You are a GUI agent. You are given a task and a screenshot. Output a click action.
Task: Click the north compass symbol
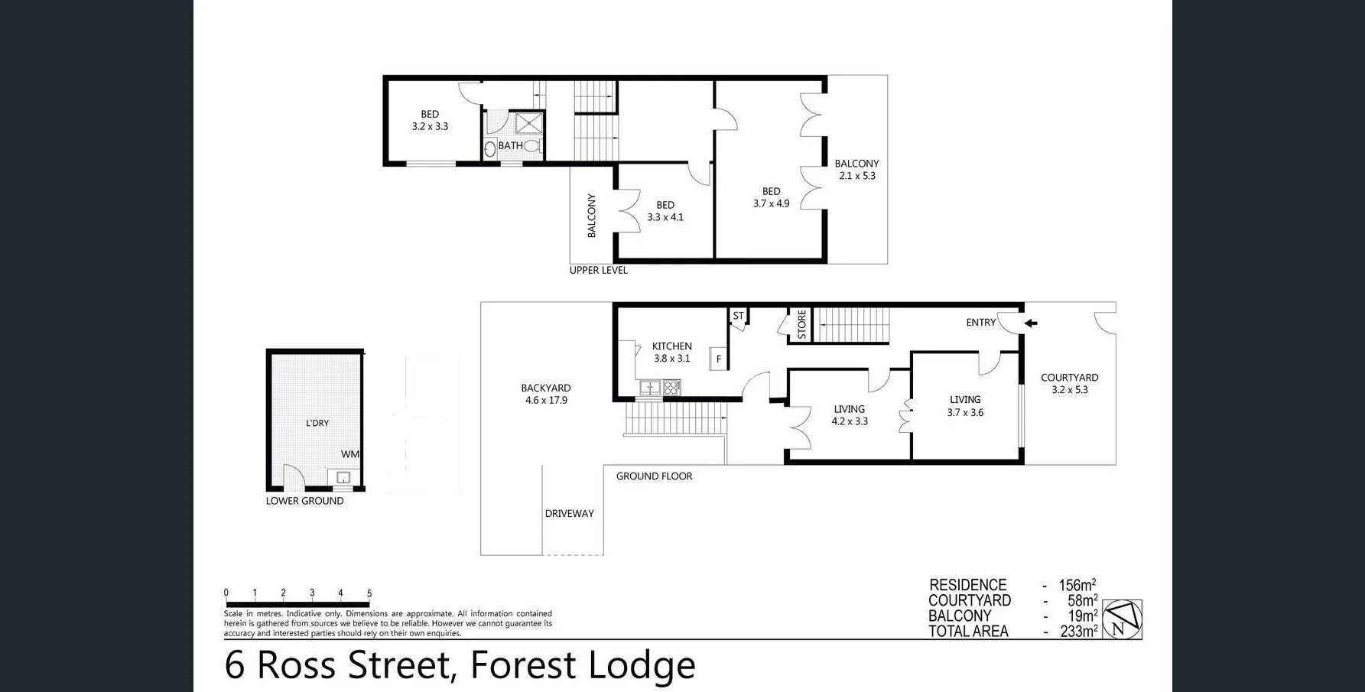1122,619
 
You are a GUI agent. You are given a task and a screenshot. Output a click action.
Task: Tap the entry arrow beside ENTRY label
1031,323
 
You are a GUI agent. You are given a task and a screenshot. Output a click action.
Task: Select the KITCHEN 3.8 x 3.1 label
671,352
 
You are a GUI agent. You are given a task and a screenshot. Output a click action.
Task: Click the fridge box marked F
718,359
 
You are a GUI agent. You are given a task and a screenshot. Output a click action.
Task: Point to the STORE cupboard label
801,324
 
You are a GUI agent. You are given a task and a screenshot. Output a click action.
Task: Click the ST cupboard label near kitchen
738,316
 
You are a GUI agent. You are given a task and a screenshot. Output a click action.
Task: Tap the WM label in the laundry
349,454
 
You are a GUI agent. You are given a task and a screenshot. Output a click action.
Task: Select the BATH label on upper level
510,145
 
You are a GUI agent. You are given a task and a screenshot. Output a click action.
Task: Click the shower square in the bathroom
528,123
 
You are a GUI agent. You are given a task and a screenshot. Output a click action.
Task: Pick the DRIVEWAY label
569,514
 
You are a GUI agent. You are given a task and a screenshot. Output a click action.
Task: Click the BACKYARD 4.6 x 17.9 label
545,394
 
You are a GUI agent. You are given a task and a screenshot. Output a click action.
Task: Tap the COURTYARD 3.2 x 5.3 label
1069,383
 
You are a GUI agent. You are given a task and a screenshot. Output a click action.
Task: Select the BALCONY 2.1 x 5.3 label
856,169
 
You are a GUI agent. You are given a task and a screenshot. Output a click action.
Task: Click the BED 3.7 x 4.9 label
771,197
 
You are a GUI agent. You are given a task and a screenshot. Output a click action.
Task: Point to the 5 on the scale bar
369,593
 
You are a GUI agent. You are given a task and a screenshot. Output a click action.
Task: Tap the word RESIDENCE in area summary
967,585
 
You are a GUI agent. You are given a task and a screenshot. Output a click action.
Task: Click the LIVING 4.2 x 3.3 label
850,415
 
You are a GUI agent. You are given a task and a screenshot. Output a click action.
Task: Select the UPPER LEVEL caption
598,270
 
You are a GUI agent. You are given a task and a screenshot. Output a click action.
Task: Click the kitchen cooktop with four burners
671,388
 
